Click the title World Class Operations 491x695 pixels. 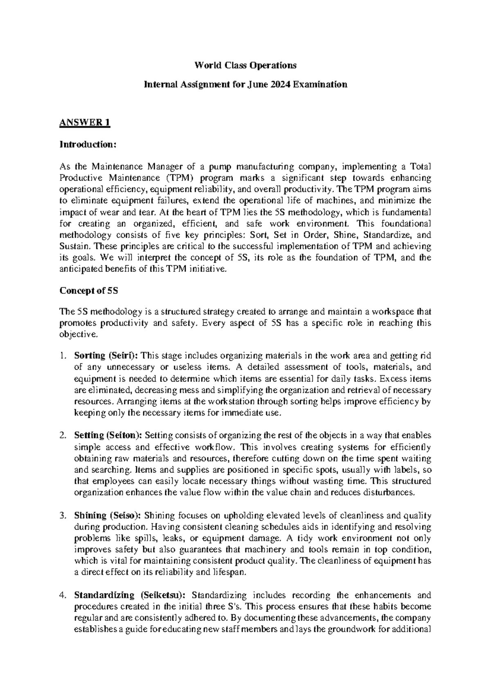tap(245, 65)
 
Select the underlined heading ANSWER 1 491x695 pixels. tap(85, 123)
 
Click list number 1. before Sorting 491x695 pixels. tap(63, 355)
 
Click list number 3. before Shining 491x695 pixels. tap(63, 515)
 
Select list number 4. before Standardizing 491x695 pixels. tap(63, 595)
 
